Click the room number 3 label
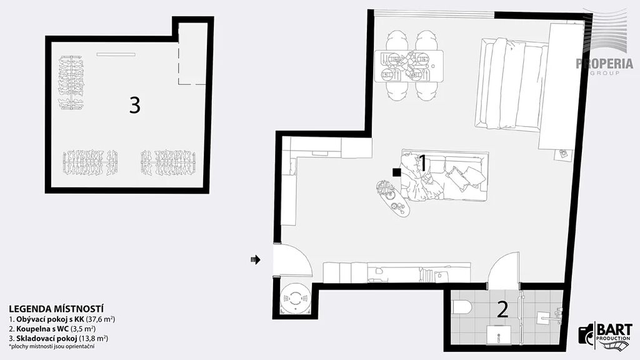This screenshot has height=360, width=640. tap(135, 105)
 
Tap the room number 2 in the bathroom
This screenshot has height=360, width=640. tap(503, 309)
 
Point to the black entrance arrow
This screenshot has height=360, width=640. tap(256, 259)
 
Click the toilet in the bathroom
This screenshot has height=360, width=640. tap(462, 307)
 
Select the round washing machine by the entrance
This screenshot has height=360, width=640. tap(294, 299)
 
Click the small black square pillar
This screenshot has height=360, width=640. tap(396, 172)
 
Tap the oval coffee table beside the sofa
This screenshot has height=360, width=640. tap(392, 198)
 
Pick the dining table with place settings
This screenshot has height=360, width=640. tap(409, 66)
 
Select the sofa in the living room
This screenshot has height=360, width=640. tap(445, 176)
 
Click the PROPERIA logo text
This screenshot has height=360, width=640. tap(604, 64)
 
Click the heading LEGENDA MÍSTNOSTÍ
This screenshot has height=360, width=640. tap(56, 309)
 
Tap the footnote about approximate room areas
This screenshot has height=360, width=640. tap(52, 346)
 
